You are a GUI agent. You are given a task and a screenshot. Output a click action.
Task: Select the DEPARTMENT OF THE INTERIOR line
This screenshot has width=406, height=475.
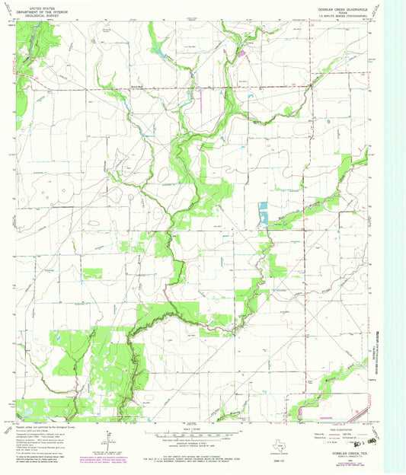(44, 12)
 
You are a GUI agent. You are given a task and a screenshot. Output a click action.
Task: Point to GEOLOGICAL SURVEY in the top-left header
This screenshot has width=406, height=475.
(44, 16)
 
